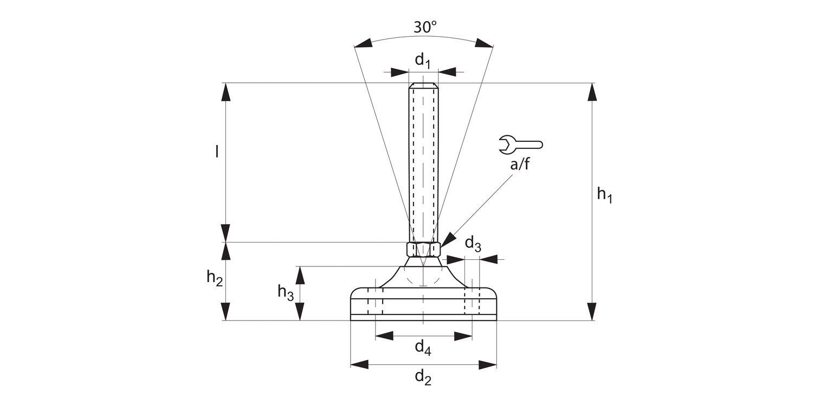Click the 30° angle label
(425, 27)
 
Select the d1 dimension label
(423, 61)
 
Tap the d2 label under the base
(423, 377)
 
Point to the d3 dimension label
(473, 244)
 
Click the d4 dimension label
(423, 348)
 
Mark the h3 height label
(286, 292)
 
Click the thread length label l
(217, 152)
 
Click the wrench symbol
(520, 144)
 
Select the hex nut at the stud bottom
(423, 249)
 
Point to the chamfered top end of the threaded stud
(423, 86)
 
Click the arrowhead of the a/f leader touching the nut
(447, 241)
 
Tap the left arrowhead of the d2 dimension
(359, 364)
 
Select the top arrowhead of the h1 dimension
(592, 92)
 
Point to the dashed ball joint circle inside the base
(423, 277)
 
